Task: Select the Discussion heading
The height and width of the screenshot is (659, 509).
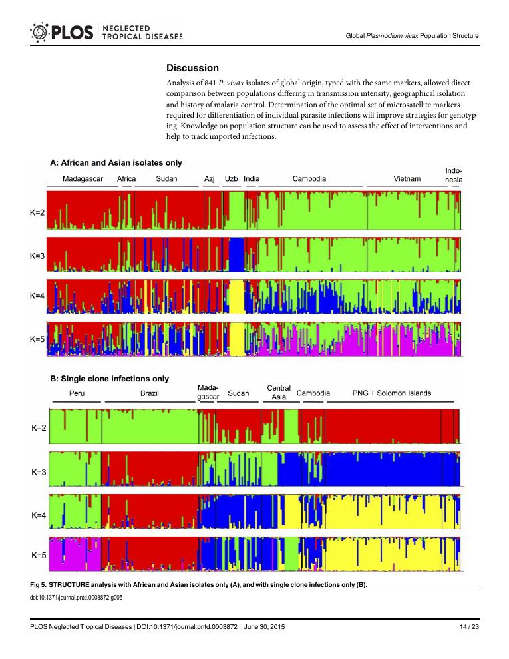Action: [x=192, y=68]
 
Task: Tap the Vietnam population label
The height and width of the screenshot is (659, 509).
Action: [x=407, y=179]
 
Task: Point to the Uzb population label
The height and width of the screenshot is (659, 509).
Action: [x=231, y=179]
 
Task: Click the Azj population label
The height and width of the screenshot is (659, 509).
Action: [x=209, y=179]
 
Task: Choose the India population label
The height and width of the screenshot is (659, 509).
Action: [x=252, y=179]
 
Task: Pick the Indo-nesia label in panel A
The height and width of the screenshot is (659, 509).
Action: [x=454, y=175]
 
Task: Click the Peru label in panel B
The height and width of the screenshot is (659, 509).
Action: [x=77, y=393]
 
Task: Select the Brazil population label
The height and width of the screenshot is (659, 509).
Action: [x=150, y=393]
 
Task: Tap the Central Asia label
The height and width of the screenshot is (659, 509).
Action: [x=279, y=393]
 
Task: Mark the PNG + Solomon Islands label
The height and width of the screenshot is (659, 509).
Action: [x=391, y=393]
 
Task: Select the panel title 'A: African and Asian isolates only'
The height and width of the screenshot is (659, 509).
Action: [x=116, y=163]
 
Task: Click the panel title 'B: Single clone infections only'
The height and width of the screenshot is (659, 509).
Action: [x=110, y=379]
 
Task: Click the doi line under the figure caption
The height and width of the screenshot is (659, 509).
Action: [x=77, y=598]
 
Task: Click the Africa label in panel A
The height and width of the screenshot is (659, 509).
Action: [x=126, y=179]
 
